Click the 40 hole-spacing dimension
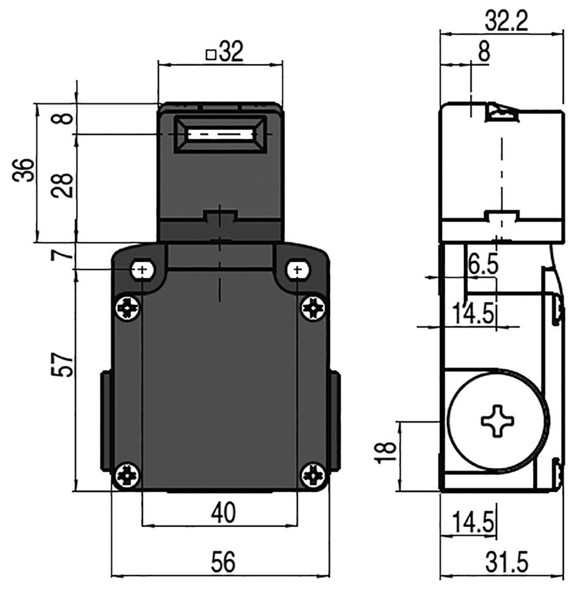point(222,513)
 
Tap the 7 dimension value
point(65,255)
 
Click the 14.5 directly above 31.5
point(473,523)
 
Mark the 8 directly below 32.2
point(483,53)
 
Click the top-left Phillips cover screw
point(128,308)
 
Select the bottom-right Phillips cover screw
point(313,474)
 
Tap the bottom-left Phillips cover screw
point(128,474)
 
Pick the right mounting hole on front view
point(297,270)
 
